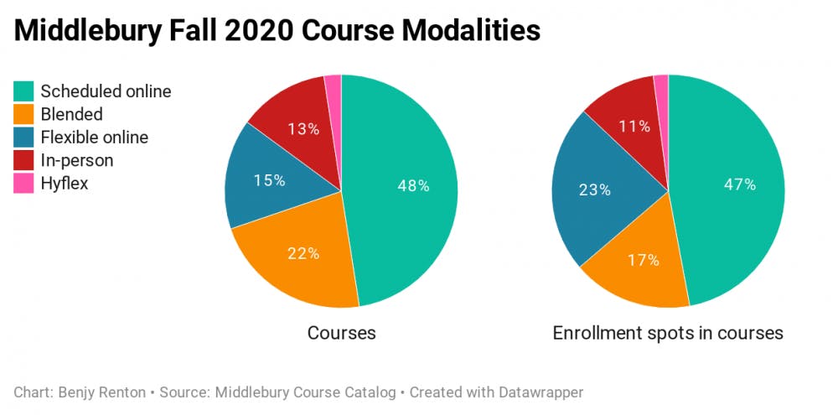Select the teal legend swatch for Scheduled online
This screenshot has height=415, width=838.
[x=24, y=91]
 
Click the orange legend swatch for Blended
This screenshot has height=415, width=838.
[x=24, y=114]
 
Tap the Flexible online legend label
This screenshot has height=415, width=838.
[x=94, y=137]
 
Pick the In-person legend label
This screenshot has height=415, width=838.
[x=76, y=160]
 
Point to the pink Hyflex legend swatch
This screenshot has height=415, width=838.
[x=24, y=183]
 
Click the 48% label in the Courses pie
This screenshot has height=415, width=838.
[x=413, y=186]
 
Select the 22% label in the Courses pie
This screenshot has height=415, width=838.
[x=303, y=253]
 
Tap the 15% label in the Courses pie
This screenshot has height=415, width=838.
[x=269, y=180]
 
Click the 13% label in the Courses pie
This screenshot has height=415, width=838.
[x=303, y=129]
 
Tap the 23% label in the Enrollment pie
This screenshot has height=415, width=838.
[x=595, y=189]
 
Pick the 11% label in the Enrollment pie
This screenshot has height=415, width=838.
[x=634, y=127]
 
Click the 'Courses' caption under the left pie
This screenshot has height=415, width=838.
[x=341, y=333]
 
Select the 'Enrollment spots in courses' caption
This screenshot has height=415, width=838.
[x=668, y=333]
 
